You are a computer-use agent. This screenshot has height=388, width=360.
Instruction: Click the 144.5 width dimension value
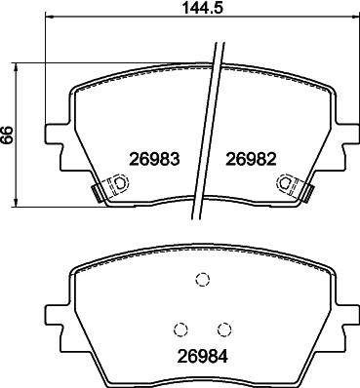[202, 8]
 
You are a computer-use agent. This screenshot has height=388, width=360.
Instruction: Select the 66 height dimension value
[7, 135]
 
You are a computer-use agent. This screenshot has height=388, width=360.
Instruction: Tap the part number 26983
[154, 159]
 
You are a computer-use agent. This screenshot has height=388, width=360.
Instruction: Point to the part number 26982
[251, 159]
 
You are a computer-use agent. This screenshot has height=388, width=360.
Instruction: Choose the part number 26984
[203, 357]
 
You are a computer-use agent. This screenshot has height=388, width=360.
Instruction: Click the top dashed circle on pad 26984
[202, 279]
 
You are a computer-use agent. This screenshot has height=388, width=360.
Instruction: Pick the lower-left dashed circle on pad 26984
[181, 330]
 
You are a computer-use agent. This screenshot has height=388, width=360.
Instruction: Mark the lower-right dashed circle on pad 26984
[224, 330]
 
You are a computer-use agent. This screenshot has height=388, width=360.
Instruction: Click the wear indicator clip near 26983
[111, 186]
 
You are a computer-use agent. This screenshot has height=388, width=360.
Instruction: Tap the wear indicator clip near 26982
[295, 186]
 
